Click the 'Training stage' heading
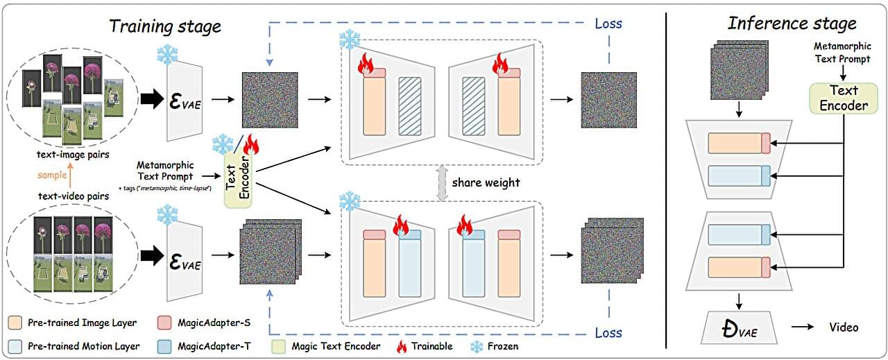click(164, 26)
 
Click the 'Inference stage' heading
click(791, 23)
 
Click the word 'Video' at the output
click(844, 327)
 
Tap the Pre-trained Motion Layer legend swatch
click(15, 345)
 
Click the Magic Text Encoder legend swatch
click(278, 345)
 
